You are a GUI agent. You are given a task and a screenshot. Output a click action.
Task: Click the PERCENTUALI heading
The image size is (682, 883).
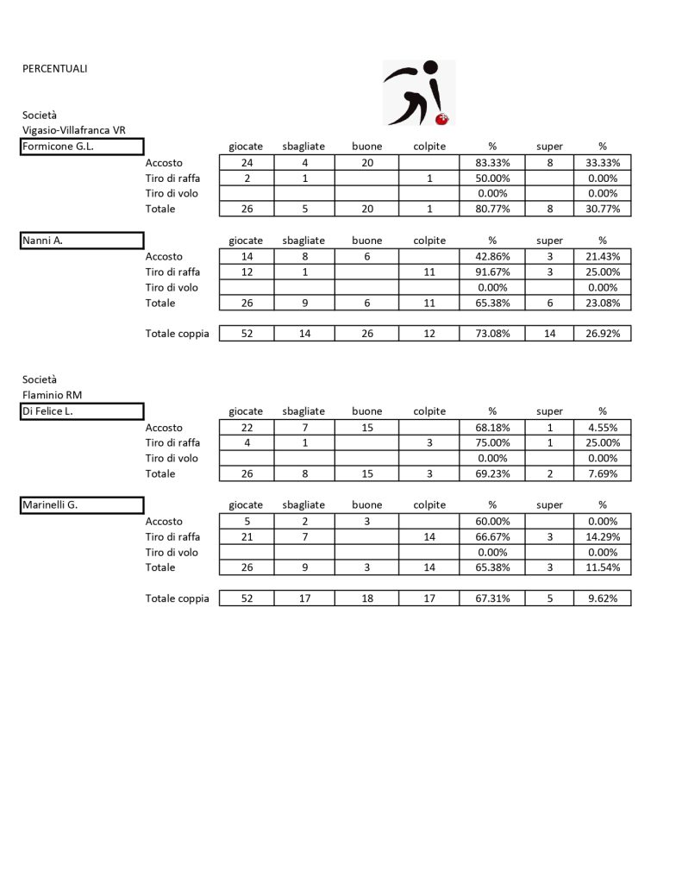point(54,68)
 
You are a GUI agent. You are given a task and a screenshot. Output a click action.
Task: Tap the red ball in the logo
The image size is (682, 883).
point(443,117)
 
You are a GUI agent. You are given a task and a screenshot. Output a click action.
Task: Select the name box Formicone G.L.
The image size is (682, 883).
point(82,147)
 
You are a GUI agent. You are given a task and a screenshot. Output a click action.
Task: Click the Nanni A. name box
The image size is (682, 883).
point(82,241)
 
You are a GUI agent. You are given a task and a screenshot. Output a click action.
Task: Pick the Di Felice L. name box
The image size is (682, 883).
point(82,411)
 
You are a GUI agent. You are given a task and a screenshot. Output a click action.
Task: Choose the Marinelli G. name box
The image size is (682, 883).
point(82,505)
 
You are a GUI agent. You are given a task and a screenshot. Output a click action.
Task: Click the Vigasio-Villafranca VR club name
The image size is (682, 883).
point(74,130)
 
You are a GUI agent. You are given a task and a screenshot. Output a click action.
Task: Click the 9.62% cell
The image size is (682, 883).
point(603,598)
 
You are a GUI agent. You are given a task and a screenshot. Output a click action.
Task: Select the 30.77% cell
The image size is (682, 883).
point(603,209)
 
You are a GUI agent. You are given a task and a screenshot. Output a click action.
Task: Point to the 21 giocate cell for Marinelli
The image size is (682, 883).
point(247,536)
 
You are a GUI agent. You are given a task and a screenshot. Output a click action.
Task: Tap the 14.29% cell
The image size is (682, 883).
point(603,536)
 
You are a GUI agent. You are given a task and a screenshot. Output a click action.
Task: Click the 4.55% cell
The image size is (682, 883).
point(603,428)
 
